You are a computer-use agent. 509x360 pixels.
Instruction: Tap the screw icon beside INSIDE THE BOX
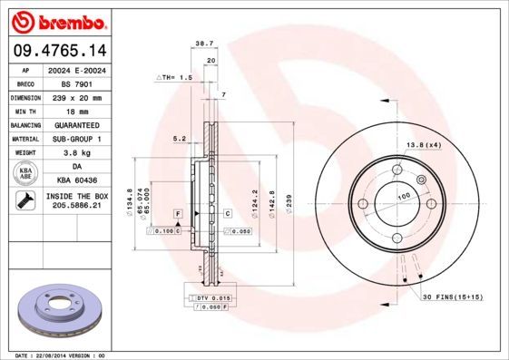pyautogui.click(x=24, y=200)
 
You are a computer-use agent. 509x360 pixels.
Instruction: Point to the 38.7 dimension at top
pyautogui.click(x=203, y=43)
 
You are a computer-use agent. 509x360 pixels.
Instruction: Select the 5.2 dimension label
pyautogui.click(x=180, y=139)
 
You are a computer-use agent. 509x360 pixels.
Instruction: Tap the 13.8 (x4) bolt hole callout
pyautogui.click(x=422, y=145)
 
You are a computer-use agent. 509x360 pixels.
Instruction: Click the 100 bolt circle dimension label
pyautogui.click(x=404, y=196)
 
